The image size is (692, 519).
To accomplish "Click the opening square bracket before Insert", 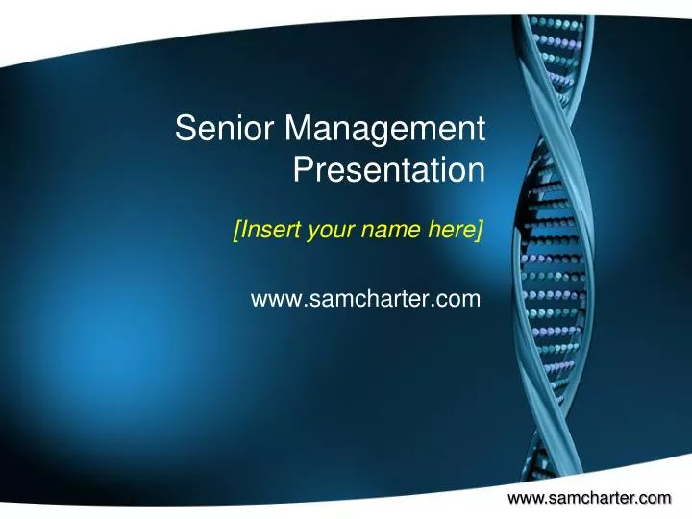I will tap(236, 230).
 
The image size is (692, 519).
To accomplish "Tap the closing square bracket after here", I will tap(478, 230).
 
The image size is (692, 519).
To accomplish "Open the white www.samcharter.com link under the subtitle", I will tap(364, 300).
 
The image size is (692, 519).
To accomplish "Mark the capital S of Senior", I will tap(185, 128).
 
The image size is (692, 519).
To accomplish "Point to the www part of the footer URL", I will tap(525, 497).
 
